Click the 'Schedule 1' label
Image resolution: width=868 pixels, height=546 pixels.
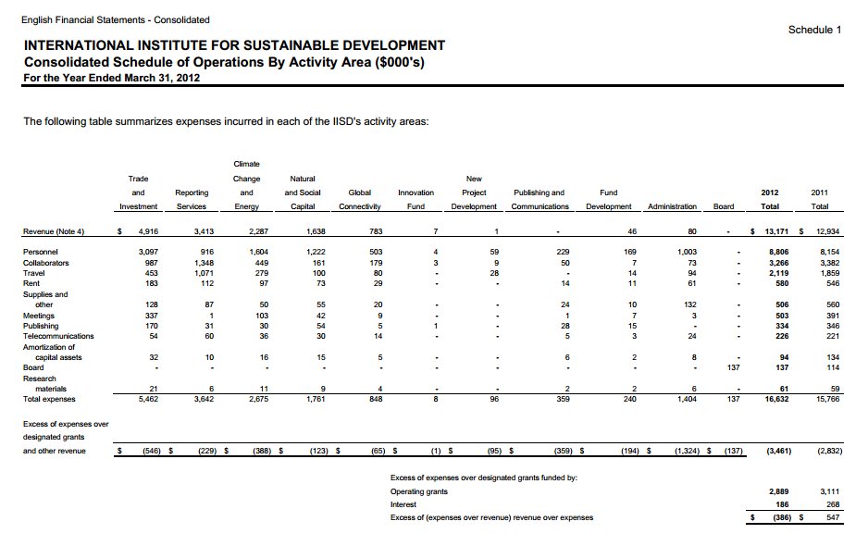pyautogui.click(x=814, y=30)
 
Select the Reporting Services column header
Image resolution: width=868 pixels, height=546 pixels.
pyautogui.click(x=192, y=199)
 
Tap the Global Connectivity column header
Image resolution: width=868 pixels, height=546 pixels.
pyautogui.click(x=360, y=199)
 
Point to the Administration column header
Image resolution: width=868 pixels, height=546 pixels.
pyautogui.click(x=672, y=206)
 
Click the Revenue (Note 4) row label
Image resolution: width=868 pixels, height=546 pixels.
pyautogui.click(x=54, y=231)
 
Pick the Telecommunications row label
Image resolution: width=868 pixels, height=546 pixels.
pyautogui.click(x=58, y=336)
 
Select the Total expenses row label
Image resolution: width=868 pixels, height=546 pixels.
pyautogui.click(x=49, y=399)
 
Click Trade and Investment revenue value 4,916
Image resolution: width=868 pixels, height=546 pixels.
pyautogui.click(x=148, y=231)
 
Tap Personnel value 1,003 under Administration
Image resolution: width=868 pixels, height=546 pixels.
pyautogui.click(x=687, y=252)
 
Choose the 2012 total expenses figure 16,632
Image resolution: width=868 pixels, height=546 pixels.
pyautogui.click(x=776, y=399)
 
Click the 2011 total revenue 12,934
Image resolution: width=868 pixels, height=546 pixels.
pyautogui.click(x=827, y=231)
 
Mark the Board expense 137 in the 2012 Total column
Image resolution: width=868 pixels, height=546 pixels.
pyautogui.click(x=782, y=367)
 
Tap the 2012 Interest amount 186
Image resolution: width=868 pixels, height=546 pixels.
pyautogui.click(x=782, y=504)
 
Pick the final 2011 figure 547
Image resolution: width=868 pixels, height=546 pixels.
pyautogui.click(x=833, y=517)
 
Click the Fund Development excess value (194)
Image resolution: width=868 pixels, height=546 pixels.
pyautogui.click(x=630, y=451)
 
